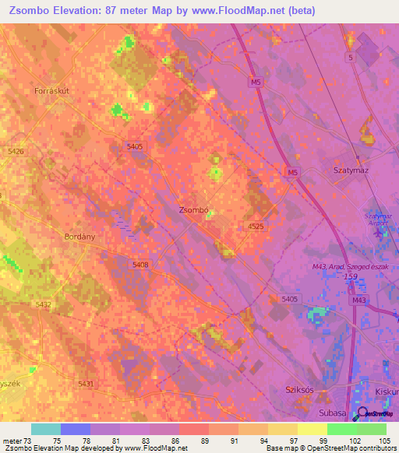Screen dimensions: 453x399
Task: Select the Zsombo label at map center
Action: pyautogui.click(x=192, y=210)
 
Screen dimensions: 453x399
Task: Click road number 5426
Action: pyautogui.click(x=15, y=151)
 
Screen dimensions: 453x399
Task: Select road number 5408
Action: pyautogui.click(x=140, y=265)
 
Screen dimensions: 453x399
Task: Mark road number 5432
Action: pyautogui.click(x=44, y=304)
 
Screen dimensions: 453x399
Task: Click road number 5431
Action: pyautogui.click(x=86, y=384)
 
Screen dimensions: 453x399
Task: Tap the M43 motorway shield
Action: pyautogui.click(x=359, y=300)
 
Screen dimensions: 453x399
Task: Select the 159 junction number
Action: pyautogui.click(x=352, y=276)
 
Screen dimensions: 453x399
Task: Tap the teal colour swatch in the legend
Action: pyautogui.click(x=45, y=429)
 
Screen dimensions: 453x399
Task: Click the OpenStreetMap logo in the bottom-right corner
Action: pyautogui.click(x=376, y=415)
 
